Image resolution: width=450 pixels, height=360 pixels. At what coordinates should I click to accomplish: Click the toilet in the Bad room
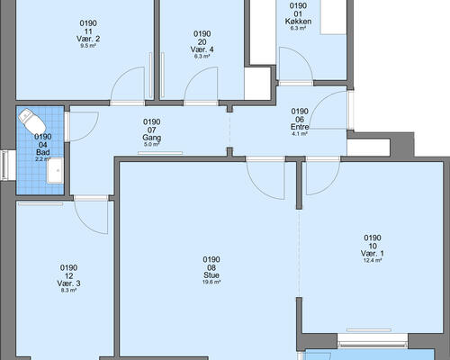click(31, 122)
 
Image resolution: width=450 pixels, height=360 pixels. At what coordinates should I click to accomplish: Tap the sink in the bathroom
click(55, 170)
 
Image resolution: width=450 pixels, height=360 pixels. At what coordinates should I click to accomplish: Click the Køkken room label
click(298, 22)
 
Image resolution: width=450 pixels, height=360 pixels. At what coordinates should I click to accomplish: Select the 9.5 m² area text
click(88, 46)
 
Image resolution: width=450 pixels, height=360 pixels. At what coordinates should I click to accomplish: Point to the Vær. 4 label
click(202, 49)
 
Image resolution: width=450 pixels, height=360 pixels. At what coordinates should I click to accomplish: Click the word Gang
click(152, 138)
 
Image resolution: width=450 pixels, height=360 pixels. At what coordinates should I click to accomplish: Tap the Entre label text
click(300, 127)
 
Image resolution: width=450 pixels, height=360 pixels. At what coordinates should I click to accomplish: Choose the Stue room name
click(211, 275)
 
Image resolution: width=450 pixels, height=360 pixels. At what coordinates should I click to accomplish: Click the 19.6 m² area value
click(211, 282)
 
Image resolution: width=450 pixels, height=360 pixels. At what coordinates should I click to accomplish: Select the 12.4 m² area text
click(373, 260)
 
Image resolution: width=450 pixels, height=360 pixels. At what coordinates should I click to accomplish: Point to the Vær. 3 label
click(68, 283)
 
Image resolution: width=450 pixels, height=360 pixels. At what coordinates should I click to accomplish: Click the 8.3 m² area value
click(68, 291)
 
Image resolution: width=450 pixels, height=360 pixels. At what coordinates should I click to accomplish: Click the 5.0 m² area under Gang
click(152, 145)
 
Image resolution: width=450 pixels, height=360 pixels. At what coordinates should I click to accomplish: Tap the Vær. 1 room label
click(373, 253)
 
